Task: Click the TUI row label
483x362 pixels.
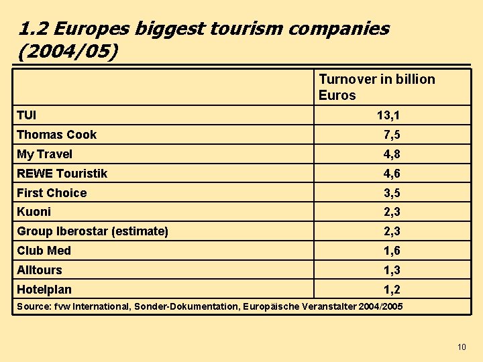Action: coord(27,115)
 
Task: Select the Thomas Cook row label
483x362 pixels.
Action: coord(56,135)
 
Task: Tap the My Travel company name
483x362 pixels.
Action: coord(44,154)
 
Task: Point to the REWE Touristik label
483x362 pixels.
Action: coord(62,174)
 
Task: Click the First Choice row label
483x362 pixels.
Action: coord(52,193)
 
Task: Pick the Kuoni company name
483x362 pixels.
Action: coord(34,212)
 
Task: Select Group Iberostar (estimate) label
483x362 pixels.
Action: coord(92,231)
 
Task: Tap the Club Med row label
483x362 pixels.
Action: coord(44,251)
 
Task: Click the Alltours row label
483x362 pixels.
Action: coord(39,270)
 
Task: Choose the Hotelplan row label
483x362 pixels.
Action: coord(44,290)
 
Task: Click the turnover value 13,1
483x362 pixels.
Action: coord(388,116)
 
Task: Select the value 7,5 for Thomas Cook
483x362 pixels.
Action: coord(392,135)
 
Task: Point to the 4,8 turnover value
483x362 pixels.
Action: coord(392,154)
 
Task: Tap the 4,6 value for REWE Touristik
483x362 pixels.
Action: coord(392,174)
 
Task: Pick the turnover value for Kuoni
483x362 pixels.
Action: coord(392,212)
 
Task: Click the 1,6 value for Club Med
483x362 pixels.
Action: coord(392,251)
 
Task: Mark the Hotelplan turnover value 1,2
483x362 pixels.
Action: coord(392,290)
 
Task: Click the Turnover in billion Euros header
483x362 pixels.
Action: coord(376,87)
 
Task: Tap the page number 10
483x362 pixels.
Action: coord(461,347)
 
